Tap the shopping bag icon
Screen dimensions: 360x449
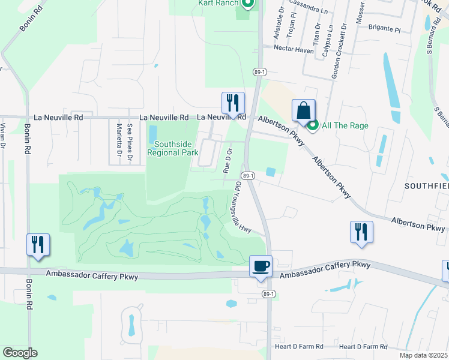[304, 111]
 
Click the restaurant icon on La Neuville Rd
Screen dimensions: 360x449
[233, 103]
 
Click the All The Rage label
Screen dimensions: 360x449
[345, 125]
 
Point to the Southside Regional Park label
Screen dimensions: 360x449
[176, 148]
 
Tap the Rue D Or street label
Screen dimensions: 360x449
[228, 159]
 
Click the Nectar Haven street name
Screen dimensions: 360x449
[294, 50]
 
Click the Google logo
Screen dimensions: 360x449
[20, 353]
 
